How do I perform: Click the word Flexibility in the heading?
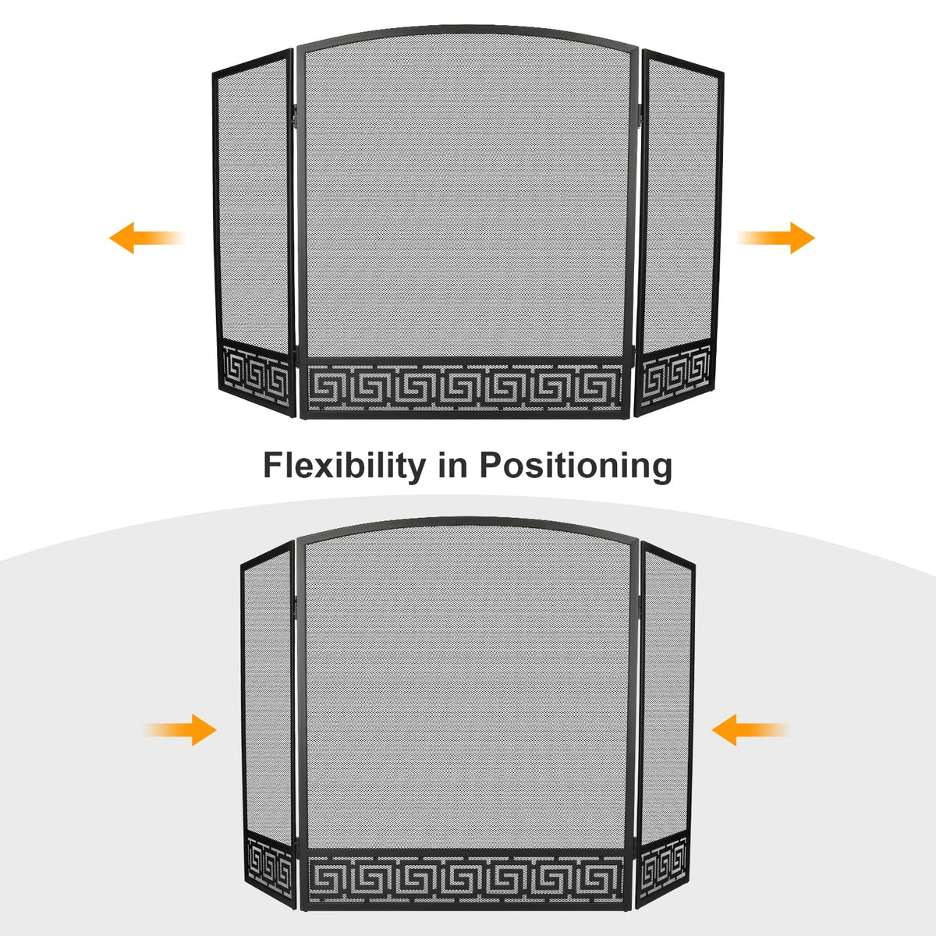(344, 466)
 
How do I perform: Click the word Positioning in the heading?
(576, 466)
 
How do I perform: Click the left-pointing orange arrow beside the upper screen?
(147, 238)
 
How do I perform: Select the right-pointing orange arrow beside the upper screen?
(775, 238)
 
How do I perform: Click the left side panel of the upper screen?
(254, 233)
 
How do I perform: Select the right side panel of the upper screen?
(680, 233)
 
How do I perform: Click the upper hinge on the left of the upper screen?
(294, 114)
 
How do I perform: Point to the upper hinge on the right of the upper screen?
(640, 114)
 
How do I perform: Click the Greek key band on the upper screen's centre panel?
(465, 387)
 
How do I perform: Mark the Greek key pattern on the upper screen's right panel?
(676, 377)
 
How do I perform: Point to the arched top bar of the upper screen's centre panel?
(466, 30)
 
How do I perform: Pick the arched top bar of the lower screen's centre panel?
(466, 522)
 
